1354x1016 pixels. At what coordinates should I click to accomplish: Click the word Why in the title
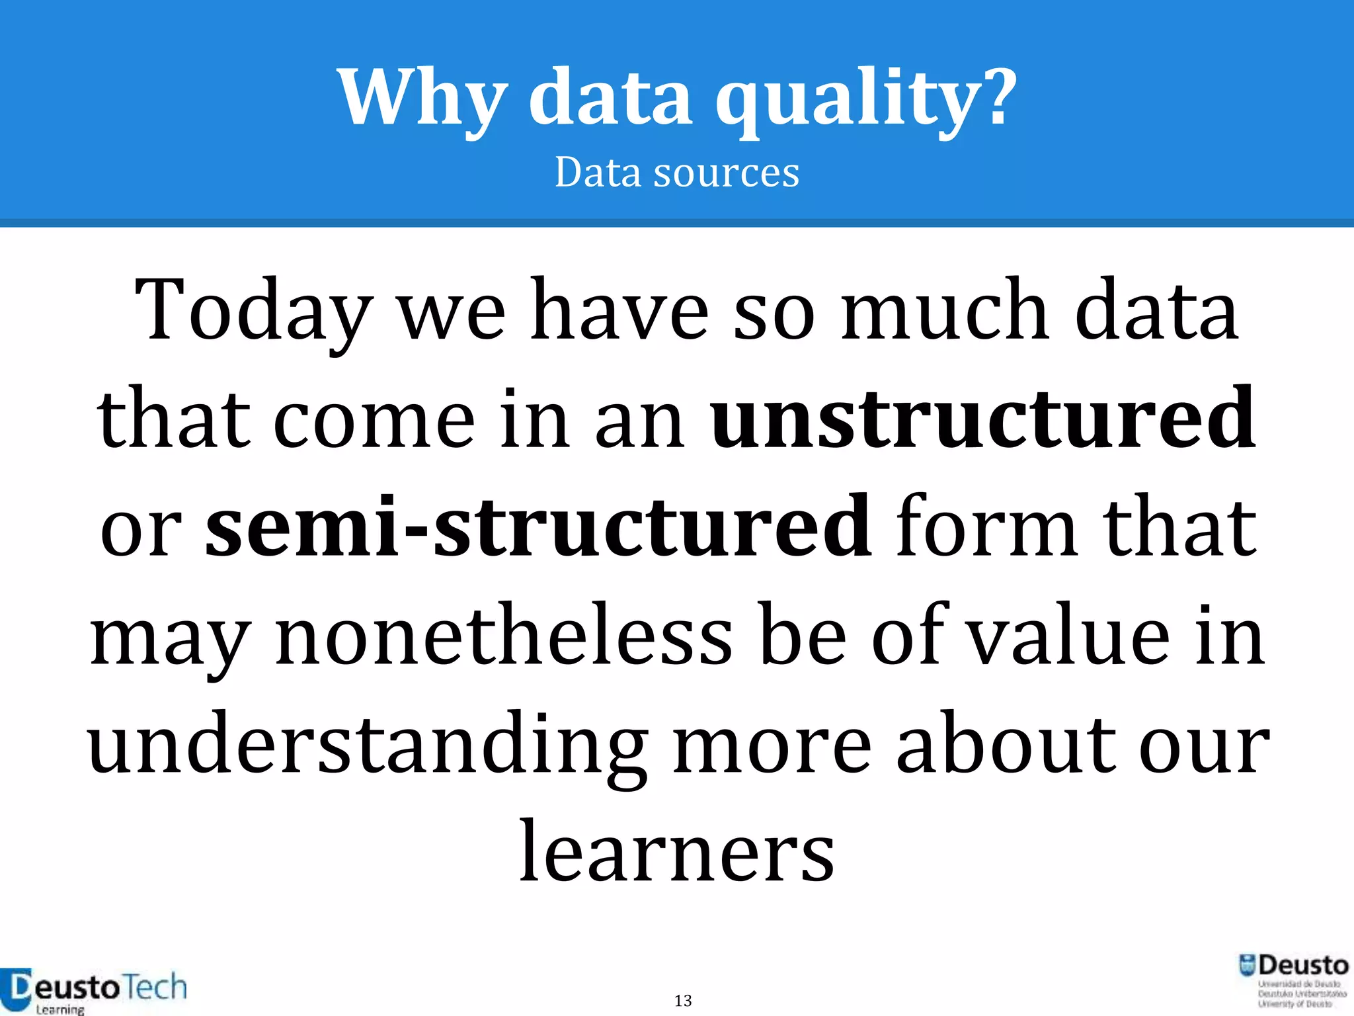[x=423, y=98]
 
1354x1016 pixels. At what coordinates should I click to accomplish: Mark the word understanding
[x=368, y=743]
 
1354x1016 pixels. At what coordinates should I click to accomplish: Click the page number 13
[x=683, y=1000]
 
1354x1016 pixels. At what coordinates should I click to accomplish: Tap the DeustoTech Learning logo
[x=93, y=991]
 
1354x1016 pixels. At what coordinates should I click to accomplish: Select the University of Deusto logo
[x=1293, y=980]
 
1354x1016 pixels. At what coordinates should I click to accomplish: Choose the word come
[x=374, y=419]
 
